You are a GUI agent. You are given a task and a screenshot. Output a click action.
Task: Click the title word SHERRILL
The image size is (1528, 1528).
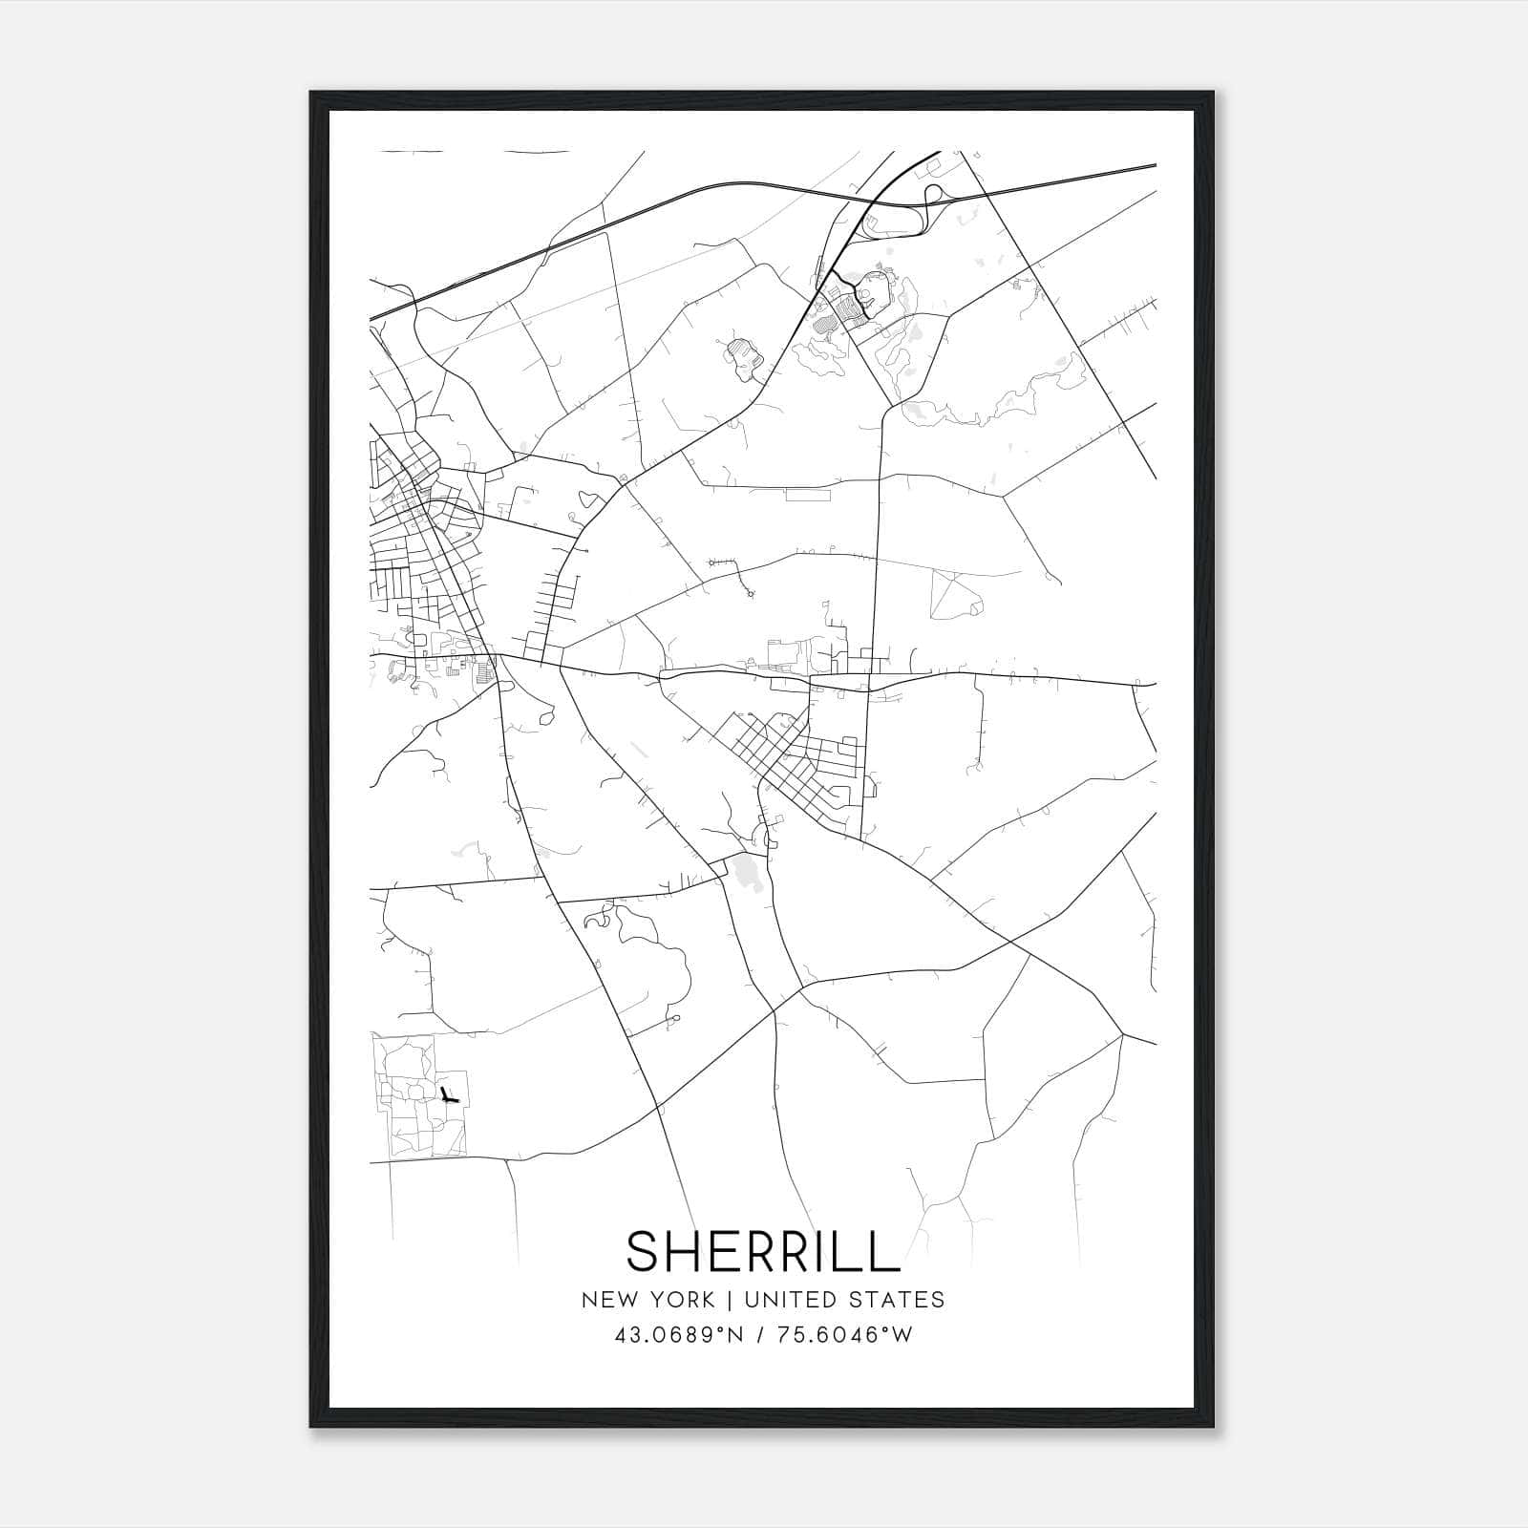tap(763, 1251)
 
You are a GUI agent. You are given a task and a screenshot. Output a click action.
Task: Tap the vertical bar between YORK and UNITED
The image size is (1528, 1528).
tap(729, 1300)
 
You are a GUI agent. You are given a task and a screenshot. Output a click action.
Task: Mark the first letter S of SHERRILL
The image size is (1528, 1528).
tap(643, 1251)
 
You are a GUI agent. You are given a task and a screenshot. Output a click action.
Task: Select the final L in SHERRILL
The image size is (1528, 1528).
tap(885, 1251)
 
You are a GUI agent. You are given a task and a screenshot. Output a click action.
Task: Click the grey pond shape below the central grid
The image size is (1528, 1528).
tap(746, 872)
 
